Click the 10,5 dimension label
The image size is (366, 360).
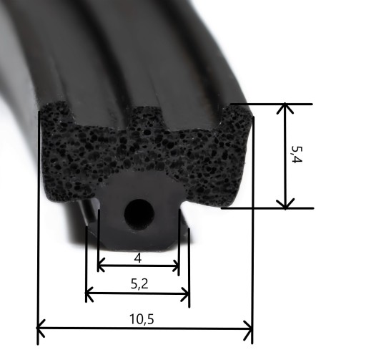pos(142,319)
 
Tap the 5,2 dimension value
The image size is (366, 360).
pos(139,284)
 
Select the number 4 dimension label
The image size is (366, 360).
pos(138,258)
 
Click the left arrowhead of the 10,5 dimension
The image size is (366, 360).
pos(41,329)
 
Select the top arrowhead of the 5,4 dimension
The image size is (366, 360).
pos(285,108)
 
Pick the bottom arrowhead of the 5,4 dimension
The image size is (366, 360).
pos(285,204)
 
